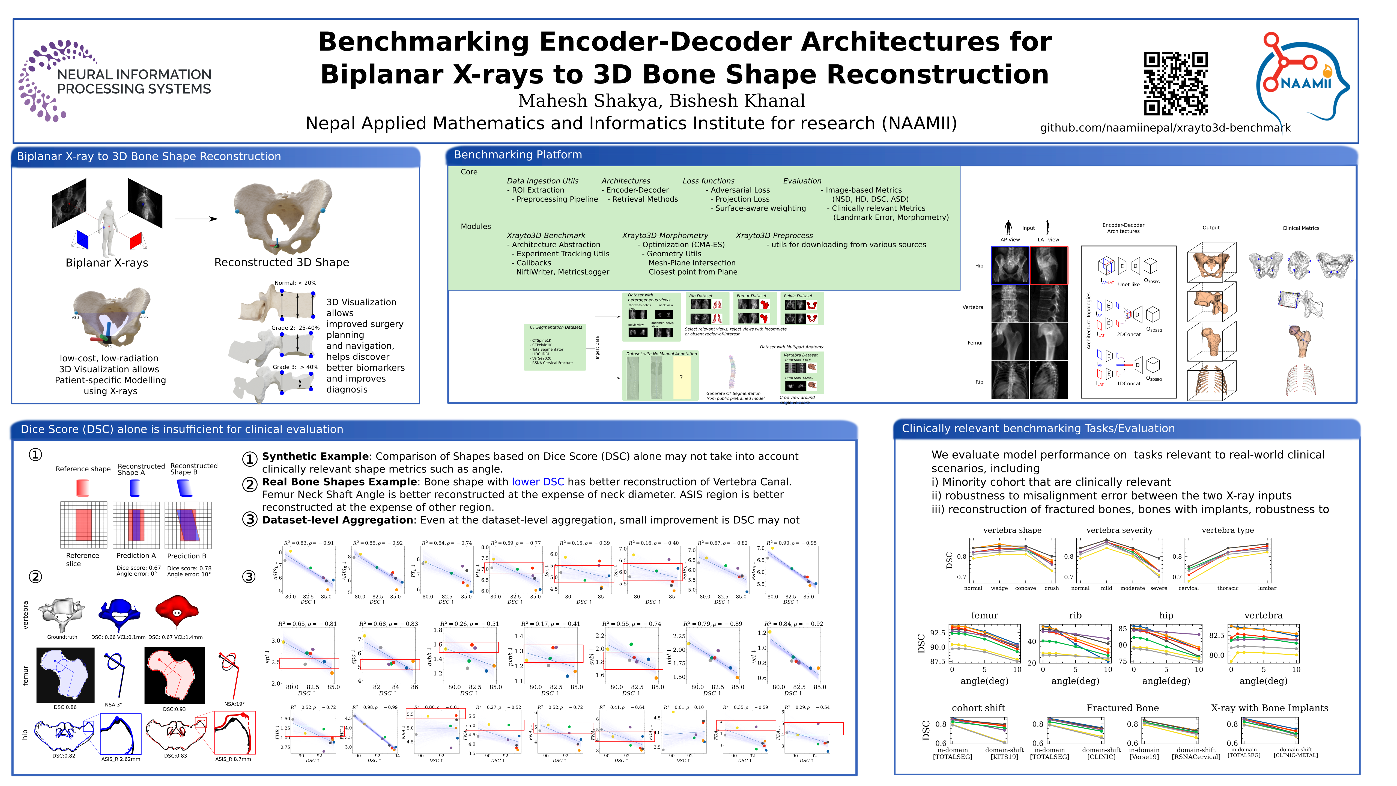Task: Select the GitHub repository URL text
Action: pos(1165,128)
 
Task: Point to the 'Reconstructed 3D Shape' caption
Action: pos(282,263)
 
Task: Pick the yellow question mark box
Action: pos(681,377)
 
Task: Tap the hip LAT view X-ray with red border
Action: pos(1048,265)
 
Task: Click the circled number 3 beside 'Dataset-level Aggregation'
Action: pos(249,520)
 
